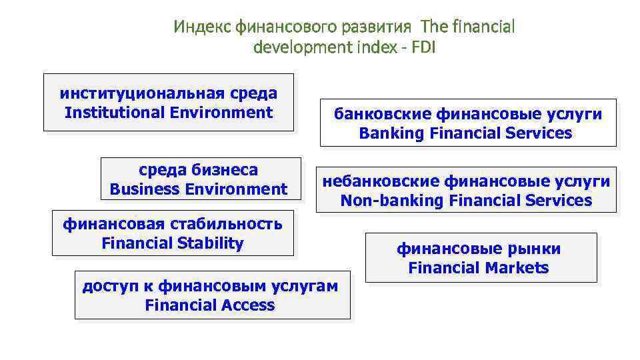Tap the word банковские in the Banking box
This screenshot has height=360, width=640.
[383, 114]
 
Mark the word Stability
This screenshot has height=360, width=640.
[209, 243]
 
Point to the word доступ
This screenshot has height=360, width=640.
[104, 287]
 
